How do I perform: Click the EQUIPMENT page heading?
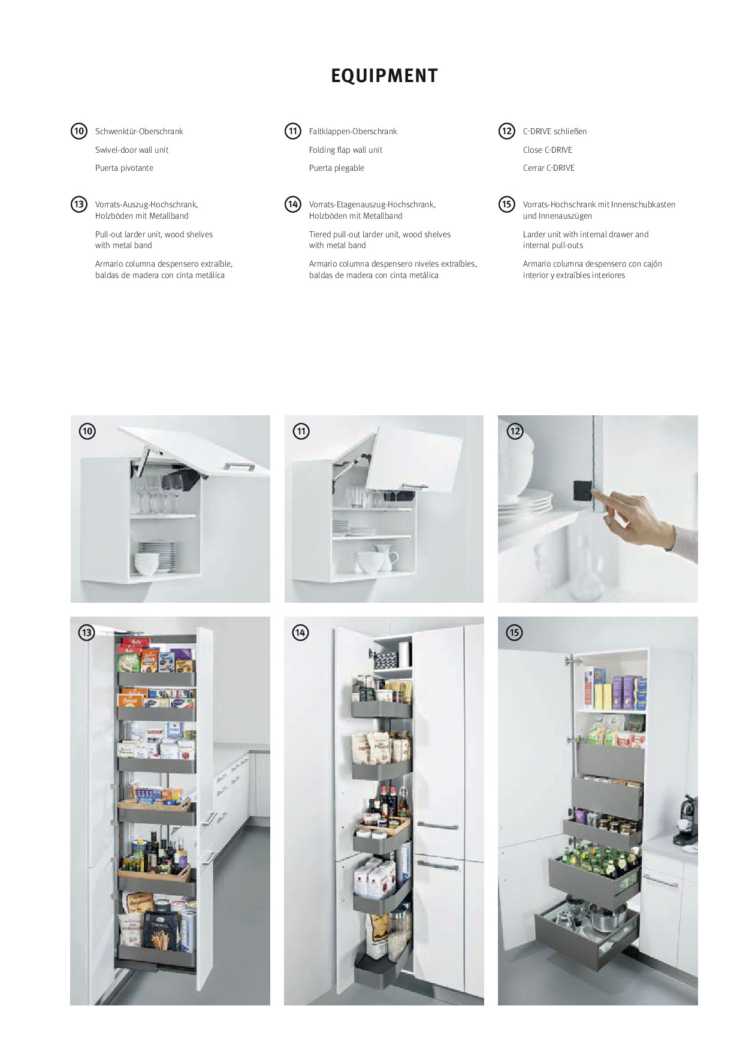(x=384, y=76)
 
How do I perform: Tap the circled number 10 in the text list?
(x=79, y=131)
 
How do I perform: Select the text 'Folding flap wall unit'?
(x=346, y=150)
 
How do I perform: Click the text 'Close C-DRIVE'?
(x=548, y=150)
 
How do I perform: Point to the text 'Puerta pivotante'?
(x=124, y=168)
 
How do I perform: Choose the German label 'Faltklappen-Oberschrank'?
(x=353, y=131)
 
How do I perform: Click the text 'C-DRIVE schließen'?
(x=555, y=131)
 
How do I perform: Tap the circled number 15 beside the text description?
(x=507, y=204)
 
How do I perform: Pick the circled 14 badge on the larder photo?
(x=300, y=632)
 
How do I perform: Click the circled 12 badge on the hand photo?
(x=515, y=431)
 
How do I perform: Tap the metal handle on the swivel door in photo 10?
(x=240, y=466)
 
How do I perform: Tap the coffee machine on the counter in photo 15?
(x=685, y=820)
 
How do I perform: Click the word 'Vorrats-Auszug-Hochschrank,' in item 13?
(x=146, y=204)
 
